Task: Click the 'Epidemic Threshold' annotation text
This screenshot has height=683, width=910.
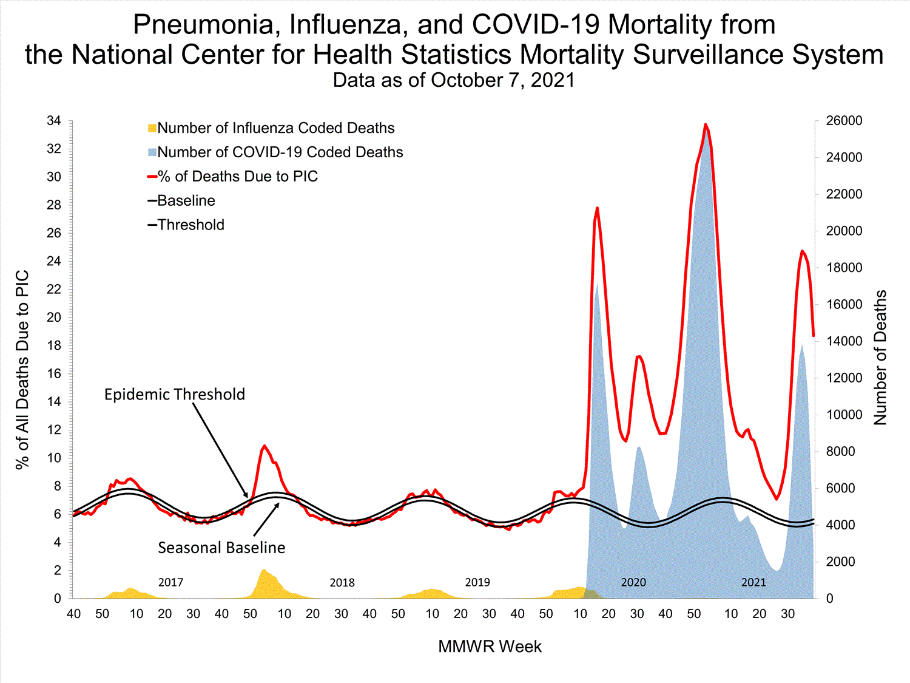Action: click(x=175, y=395)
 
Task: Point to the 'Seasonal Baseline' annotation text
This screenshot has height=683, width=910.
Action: click(x=221, y=548)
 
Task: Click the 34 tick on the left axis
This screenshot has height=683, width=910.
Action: click(x=54, y=121)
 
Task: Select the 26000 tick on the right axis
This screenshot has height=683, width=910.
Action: click(x=844, y=121)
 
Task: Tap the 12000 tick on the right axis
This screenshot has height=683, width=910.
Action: click(x=844, y=378)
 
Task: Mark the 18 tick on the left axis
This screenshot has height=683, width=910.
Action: click(x=54, y=345)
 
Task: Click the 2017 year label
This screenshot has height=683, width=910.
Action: click(x=170, y=582)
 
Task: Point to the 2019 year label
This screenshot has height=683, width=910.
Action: click(x=477, y=582)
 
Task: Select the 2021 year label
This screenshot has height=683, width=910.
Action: click(x=753, y=582)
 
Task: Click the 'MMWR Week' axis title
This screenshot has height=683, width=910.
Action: click(x=490, y=647)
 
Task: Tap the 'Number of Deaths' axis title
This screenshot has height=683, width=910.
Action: click(x=880, y=358)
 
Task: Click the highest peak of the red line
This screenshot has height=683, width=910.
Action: click(x=706, y=124)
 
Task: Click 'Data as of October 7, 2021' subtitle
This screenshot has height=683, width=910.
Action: click(x=454, y=80)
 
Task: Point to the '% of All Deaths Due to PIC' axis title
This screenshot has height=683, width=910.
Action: click(x=22, y=370)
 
